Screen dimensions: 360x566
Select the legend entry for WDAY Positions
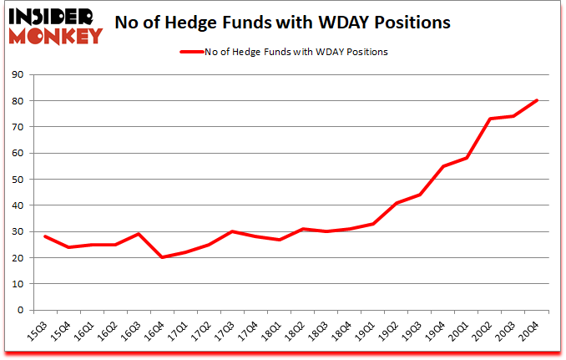click(283, 51)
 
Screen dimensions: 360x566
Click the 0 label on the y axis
click(19, 310)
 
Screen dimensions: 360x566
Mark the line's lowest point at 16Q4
click(162, 257)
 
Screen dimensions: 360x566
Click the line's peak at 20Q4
click(537, 100)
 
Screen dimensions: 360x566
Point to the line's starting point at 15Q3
click(44, 236)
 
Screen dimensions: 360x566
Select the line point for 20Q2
click(490, 119)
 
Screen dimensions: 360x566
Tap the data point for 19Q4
click(443, 166)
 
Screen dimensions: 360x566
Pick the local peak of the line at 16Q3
click(139, 234)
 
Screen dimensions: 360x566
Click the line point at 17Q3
click(232, 231)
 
